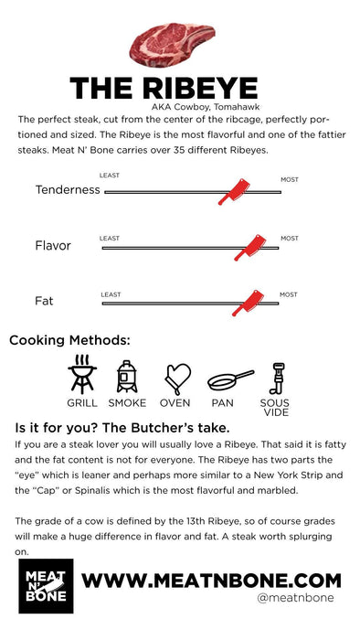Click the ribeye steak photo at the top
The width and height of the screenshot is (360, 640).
pos(172,44)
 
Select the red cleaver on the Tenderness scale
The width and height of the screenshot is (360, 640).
pos(234,191)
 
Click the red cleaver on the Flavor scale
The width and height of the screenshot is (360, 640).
pos(249,248)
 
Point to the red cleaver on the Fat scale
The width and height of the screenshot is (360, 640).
pos(248,303)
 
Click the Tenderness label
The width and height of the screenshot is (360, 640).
pos(68,190)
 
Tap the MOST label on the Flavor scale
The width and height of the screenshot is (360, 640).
pos(289,239)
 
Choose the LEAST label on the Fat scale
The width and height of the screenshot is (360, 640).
pos(111,294)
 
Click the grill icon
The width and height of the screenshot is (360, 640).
pos(82,374)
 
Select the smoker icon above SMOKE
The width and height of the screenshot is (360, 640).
pos(127,377)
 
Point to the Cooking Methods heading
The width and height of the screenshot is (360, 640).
pos(69,340)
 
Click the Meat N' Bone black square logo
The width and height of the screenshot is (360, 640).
pos(46,586)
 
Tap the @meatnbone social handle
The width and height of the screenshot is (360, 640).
pos(295,598)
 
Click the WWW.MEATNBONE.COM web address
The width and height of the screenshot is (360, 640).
pos(211,580)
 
